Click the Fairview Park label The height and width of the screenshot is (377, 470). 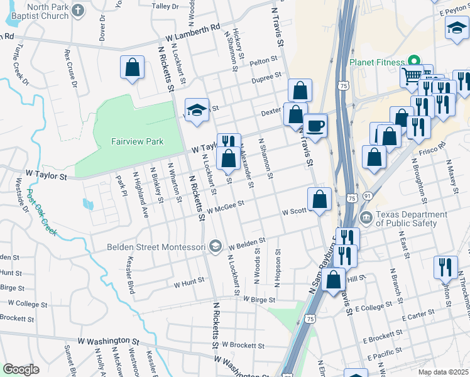tap(136, 141)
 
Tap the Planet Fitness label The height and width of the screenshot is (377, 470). tap(376, 62)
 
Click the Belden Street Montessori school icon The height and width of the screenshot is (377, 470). tap(216, 246)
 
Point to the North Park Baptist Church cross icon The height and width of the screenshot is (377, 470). tap(77, 11)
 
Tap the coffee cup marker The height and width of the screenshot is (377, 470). tap(315, 124)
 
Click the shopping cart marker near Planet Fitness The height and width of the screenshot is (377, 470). tap(412, 77)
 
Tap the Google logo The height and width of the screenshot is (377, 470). tap(21, 369)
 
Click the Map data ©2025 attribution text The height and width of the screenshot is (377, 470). tap(443, 372)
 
